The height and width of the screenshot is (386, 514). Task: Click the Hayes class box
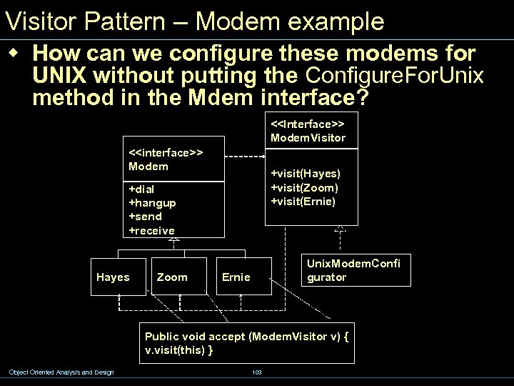[113, 277]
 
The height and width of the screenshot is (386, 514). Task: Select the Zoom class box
[172, 277]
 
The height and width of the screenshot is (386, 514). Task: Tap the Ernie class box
[236, 277]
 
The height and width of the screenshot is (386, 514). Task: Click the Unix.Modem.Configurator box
[353, 270]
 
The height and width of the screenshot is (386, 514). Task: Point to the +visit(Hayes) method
[305, 173]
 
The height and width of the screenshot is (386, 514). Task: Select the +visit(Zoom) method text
[304, 187]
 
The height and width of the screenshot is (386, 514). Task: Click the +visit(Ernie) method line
[303, 201]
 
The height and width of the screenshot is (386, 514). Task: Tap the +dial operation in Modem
[141, 189]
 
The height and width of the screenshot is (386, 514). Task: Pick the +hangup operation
[151, 202]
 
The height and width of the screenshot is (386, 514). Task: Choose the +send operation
[145, 216]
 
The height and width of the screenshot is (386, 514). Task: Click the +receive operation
[151, 230]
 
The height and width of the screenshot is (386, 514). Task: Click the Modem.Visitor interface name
[308, 137]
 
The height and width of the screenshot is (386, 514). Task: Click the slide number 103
[257, 372]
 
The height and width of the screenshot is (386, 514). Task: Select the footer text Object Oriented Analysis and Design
[61, 372]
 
